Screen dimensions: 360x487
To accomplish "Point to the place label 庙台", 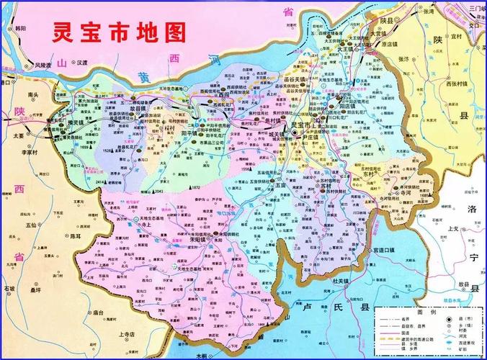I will click(99, 313).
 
